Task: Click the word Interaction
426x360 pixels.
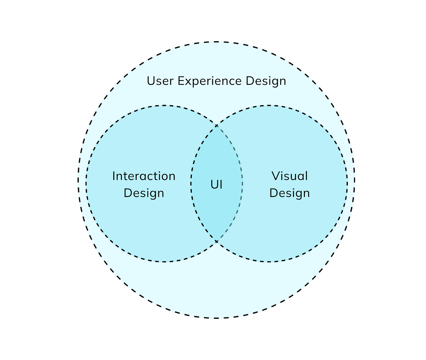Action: point(144,176)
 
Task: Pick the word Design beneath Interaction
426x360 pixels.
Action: point(144,193)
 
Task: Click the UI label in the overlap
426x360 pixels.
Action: point(217,185)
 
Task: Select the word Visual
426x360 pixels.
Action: point(289,176)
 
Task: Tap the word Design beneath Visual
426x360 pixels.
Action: point(289,193)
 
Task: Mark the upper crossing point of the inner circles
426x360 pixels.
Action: point(217,125)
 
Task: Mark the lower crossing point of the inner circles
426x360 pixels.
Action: point(217,242)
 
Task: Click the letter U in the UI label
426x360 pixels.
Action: point(214,185)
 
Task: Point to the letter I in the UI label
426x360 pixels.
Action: point(221,185)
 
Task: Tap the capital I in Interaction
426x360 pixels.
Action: point(114,176)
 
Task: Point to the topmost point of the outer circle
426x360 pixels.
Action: point(216,42)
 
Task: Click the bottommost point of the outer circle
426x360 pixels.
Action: point(216,318)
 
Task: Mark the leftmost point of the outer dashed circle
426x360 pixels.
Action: point(78,180)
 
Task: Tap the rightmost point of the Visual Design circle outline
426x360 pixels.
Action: point(347,184)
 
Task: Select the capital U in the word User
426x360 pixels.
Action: point(151,81)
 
